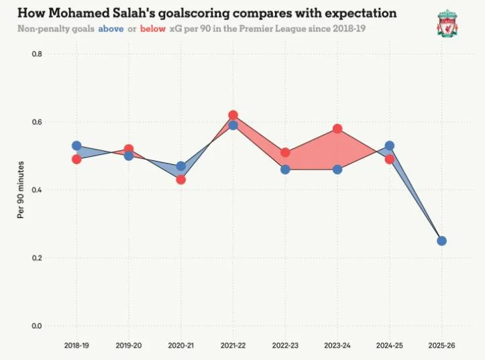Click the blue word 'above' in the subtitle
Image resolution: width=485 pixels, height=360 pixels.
[111, 29]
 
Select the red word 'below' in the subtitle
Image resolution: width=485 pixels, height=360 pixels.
[153, 29]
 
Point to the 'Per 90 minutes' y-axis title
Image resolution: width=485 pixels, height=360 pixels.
[21, 190]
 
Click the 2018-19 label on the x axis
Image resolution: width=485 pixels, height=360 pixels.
[76, 345]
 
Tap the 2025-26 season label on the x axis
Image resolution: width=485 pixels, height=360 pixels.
[441, 345]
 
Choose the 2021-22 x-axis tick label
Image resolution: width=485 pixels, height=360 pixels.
[233, 345]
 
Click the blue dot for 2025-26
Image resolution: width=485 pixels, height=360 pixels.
[441, 241]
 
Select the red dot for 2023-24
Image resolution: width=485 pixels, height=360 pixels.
[337, 129]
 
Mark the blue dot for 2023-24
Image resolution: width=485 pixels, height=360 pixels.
[337, 170]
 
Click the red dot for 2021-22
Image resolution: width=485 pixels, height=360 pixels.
[233, 115]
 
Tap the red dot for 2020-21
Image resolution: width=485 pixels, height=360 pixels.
[180, 180]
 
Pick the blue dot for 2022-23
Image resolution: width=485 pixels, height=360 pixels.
[285, 170]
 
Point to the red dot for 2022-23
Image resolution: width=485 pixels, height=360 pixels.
[285, 153]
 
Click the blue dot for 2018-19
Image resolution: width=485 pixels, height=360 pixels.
[76, 145]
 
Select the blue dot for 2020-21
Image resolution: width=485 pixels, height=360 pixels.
[180, 166]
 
